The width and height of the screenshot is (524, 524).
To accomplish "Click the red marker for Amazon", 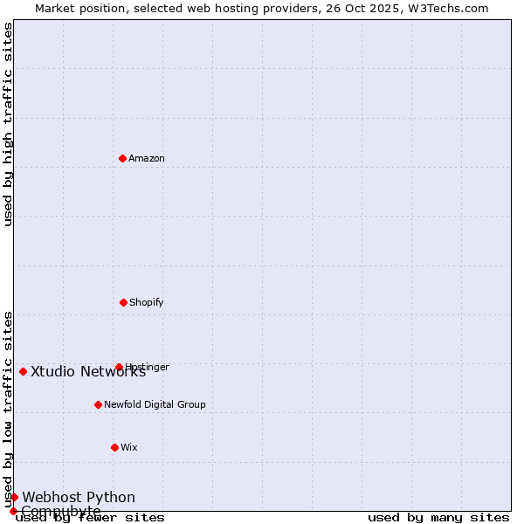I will (x=122, y=158).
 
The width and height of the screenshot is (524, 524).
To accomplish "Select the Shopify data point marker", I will (x=123, y=302).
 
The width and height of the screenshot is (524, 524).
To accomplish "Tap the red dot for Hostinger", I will (x=119, y=367).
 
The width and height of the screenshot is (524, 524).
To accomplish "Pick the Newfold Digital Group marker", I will (x=98, y=404).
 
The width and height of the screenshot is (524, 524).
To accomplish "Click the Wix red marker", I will (x=114, y=447).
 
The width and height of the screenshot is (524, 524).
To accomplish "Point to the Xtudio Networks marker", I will (x=23, y=371).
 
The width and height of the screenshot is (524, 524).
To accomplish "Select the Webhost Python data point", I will (x=14, y=497).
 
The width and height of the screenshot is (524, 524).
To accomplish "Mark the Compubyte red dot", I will (x=13, y=511).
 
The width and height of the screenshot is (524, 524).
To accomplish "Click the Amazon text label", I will (x=147, y=159).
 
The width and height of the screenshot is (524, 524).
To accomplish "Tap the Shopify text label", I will (x=147, y=303).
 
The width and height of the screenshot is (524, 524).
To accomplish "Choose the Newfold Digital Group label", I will (x=155, y=405).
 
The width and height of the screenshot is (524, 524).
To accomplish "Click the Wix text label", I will (x=129, y=448).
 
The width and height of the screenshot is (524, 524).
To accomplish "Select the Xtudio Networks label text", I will (x=88, y=372).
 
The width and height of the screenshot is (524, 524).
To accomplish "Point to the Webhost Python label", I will (x=79, y=498).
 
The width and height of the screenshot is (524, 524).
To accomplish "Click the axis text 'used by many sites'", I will (x=438, y=518).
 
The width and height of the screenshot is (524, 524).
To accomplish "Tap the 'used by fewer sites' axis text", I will (x=90, y=518).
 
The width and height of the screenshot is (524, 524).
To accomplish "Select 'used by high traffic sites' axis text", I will (x=8, y=124).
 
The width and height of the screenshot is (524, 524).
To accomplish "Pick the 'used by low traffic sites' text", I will (x=8, y=409).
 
